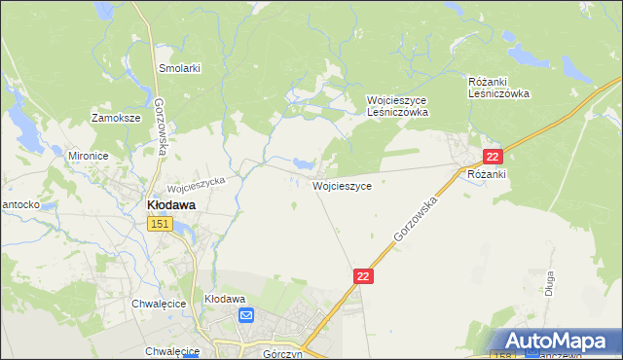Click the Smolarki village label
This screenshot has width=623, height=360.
point(179,68)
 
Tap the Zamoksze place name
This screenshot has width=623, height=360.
point(116,118)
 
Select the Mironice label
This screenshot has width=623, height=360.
point(88,155)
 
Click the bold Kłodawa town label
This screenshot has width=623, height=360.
point(170,205)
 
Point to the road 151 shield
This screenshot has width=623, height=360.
point(161,225)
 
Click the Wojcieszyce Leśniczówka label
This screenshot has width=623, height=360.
point(397,106)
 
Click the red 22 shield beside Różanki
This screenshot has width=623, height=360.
point(494,157)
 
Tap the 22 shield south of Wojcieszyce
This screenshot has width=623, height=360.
point(363,277)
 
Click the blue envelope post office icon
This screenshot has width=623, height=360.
point(246,315)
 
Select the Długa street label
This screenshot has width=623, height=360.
point(549,284)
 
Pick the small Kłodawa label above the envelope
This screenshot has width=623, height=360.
point(224,299)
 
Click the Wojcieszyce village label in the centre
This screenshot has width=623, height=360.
point(341,185)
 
